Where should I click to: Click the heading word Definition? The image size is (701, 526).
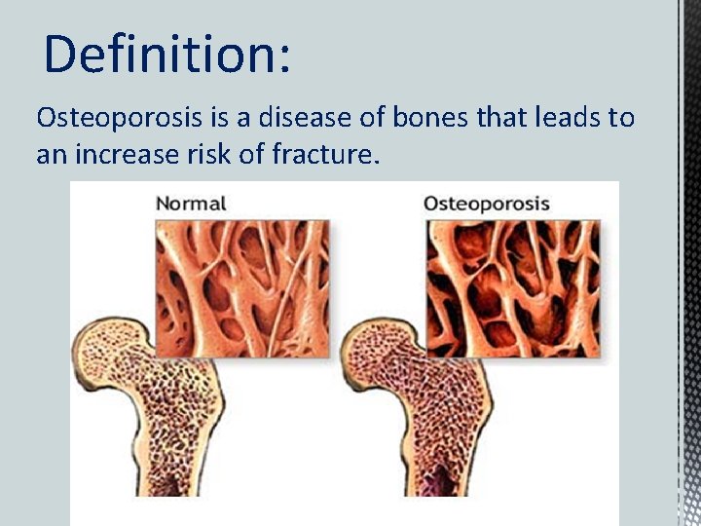tap(166, 54)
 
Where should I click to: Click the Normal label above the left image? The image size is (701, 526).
tap(191, 205)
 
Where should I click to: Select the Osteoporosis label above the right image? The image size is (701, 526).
tap(487, 205)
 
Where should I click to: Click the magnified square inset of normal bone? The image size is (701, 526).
tap(240, 286)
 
